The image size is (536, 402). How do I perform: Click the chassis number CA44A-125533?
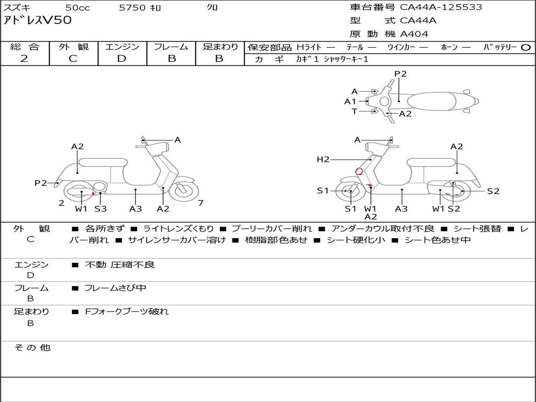pos(441,7)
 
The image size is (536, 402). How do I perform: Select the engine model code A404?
pos(414,34)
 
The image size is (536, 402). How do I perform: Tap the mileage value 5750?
pos(132,7)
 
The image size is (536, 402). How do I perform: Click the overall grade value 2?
pos(24,59)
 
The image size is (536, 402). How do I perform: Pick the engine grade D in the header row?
pos(121,59)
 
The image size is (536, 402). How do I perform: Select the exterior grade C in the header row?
pos(73,59)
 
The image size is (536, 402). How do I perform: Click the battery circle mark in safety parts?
pos(526,48)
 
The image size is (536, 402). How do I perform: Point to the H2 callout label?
pos(323,159)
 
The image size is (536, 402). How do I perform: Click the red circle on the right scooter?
pos(359,171)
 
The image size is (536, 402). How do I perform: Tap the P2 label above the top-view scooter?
pos(400,74)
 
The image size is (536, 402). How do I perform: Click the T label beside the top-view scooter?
pos(354,111)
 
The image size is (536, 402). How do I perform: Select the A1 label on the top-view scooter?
pos(350,102)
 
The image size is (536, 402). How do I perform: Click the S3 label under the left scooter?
pos(101,208)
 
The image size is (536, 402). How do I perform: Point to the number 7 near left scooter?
pos(200,203)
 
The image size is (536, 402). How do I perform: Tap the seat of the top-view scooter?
pos(432,102)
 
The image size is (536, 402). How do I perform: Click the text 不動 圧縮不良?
pos(120,264)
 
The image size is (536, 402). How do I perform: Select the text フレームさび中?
pos(115,288)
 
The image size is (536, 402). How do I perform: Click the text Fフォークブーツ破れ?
pos(127,311)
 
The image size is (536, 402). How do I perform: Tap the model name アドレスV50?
pos(38,20)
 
